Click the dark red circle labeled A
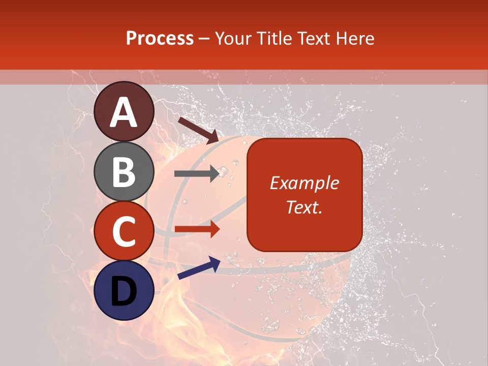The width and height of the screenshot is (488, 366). pos(124,111)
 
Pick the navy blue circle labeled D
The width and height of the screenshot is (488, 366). pos(124,290)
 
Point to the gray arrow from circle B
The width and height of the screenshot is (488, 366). pos(197,174)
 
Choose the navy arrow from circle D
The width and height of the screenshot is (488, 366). pos(199,268)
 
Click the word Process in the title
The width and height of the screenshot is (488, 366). pos(160,38)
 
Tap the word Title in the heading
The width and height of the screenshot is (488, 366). pos(271,38)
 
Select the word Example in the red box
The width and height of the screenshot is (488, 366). pos(304,183)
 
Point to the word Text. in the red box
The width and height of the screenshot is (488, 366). pos(304,207)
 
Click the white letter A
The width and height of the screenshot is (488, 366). pos(124,112)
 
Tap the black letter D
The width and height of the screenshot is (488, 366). pos(124,291)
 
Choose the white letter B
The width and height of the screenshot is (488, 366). pos(124,172)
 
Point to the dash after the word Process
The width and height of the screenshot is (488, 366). pos(204,39)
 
